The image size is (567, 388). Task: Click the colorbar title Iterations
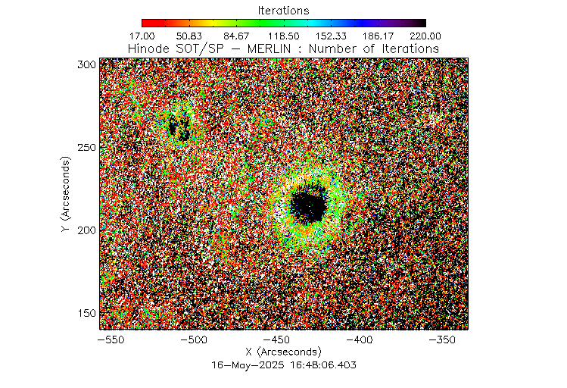[283, 11]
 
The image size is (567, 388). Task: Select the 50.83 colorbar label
[189, 36]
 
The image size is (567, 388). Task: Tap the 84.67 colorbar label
[236, 36]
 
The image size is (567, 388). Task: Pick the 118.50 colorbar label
[284, 36]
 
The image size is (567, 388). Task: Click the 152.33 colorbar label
[331, 36]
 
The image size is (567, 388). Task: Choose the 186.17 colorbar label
[379, 36]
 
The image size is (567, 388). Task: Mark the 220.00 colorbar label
[425, 36]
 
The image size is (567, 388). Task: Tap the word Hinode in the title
[148, 48]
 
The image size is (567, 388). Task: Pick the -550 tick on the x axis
[111, 339]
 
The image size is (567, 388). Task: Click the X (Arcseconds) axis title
[284, 352]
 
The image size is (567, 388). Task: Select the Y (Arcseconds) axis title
[67, 195]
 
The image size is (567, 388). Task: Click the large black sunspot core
[309, 203]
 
